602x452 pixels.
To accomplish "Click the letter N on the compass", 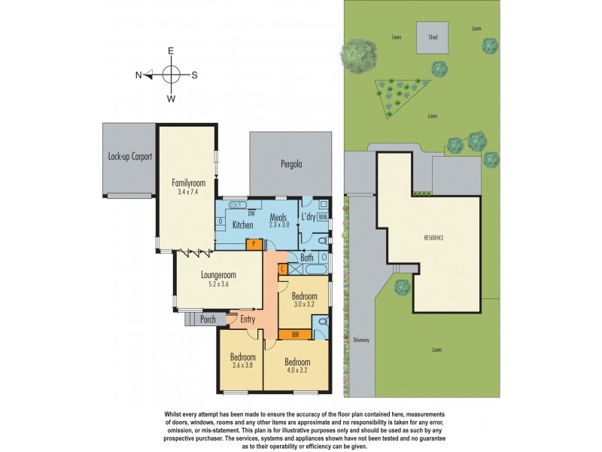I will click(x=138, y=75).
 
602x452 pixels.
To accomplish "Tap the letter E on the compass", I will click(x=172, y=50).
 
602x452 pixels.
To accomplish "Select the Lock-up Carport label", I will click(x=130, y=157).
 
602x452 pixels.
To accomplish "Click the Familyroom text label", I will click(x=188, y=182).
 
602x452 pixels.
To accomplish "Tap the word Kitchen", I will click(x=242, y=225).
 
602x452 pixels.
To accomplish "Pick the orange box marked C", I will click(x=282, y=269).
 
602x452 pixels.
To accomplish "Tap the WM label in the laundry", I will click(x=323, y=217).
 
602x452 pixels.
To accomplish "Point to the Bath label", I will click(x=307, y=258).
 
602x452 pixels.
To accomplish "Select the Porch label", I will click(x=208, y=319).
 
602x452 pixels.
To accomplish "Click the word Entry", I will click(x=248, y=319).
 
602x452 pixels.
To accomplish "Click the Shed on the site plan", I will click(x=433, y=38).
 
